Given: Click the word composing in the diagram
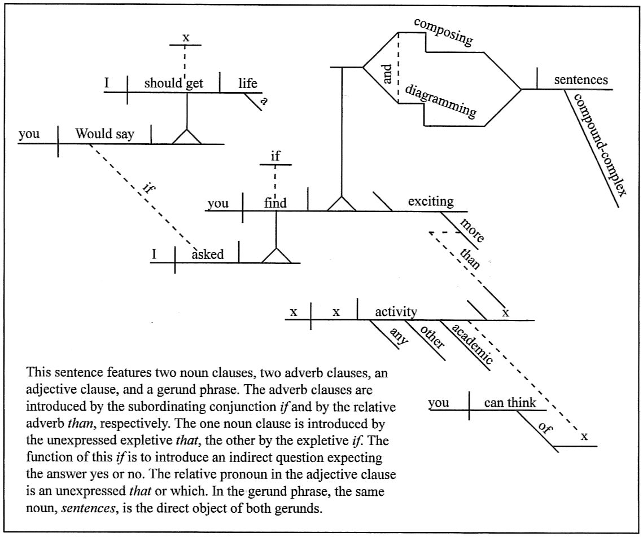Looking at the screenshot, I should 443,32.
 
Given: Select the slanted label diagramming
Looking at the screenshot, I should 441,102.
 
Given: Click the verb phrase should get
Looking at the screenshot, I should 173,83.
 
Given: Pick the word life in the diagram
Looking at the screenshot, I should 247,83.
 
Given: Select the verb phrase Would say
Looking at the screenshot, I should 105,134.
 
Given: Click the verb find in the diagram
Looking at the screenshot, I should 275,203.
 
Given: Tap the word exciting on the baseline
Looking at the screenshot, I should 430,201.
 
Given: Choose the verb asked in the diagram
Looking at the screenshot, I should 208,254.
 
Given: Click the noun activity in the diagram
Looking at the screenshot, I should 396,311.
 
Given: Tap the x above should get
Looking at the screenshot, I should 186,38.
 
